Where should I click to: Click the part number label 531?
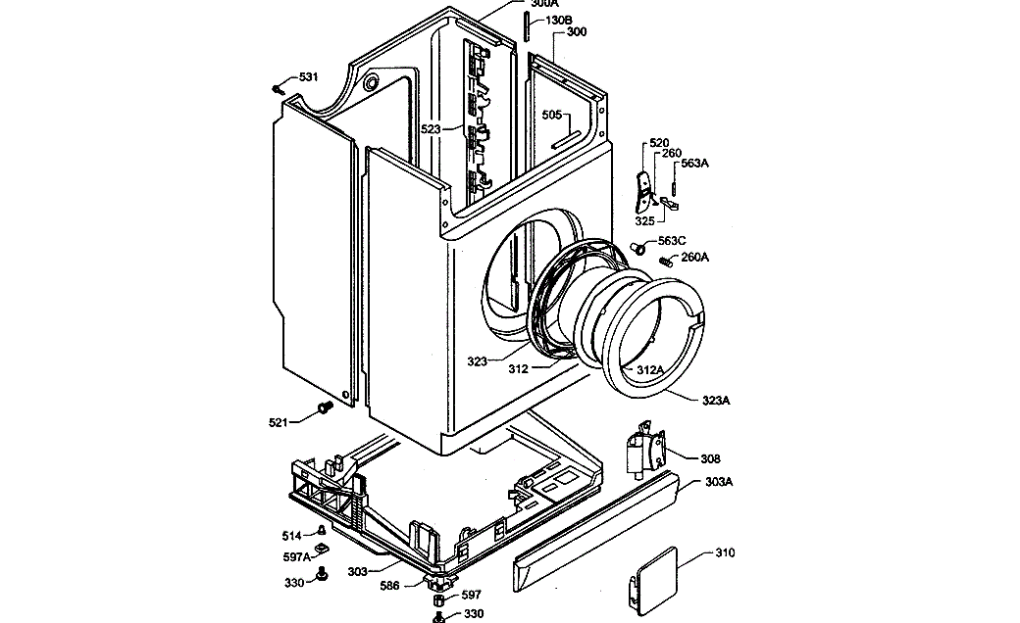pos(308,76)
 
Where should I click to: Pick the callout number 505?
pos(552,115)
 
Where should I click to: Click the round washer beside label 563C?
pos(640,248)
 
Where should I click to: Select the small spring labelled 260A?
pos(666,261)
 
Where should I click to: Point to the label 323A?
pos(717,400)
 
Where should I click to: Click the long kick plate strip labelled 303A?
pos(598,529)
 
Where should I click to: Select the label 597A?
pos(298,556)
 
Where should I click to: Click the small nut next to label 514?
pos(321,534)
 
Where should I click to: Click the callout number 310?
pos(724,552)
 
